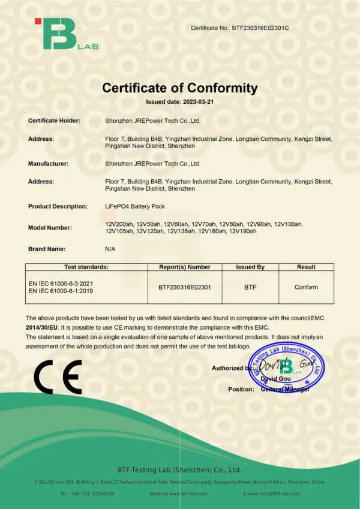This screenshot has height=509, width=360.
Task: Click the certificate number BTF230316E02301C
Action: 264,28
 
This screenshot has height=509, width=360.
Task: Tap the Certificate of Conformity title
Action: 179,88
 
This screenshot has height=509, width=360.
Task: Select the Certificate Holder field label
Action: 54,121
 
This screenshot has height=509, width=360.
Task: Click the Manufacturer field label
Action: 48,163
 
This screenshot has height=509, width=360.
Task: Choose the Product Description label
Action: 58,206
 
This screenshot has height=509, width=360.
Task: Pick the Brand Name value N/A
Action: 110,248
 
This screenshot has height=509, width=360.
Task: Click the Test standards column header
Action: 86,267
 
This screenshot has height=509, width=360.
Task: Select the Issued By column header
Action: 250,267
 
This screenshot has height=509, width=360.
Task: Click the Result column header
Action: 306,267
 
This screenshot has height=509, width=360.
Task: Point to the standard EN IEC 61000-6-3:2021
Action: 61,282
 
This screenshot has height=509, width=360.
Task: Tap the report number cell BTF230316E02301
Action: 184,287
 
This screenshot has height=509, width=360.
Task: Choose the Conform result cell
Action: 306,287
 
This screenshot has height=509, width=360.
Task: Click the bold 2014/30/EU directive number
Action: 42,328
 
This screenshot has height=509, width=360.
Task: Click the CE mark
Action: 58,377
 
